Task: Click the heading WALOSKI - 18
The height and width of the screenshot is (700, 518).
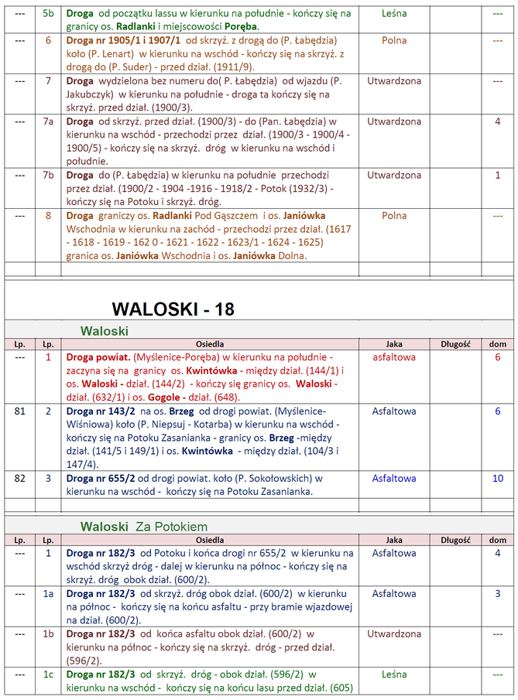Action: tap(173, 309)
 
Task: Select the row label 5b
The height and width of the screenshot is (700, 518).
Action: tap(48, 14)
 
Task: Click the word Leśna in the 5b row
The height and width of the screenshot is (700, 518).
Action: tap(394, 14)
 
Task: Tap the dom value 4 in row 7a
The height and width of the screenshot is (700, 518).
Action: tap(498, 121)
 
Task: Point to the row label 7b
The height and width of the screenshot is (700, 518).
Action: tap(48, 175)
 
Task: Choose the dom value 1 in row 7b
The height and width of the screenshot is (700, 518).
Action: tap(498, 175)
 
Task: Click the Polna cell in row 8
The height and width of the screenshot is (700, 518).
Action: tap(394, 216)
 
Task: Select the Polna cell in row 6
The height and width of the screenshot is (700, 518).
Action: tap(394, 40)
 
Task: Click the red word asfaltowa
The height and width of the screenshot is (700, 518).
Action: tap(394, 357)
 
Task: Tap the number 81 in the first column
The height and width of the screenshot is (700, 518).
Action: tap(20, 411)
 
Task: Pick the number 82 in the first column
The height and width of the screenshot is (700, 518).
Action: tap(20, 478)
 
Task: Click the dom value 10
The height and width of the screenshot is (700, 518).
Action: tap(498, 478)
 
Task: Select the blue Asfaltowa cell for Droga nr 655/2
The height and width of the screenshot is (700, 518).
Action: tap(394, 478)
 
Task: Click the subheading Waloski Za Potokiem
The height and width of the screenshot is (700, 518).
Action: tap(143, 527)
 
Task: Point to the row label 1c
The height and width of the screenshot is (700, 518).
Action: tap(48, 674)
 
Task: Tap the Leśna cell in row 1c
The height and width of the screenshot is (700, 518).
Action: tap(394, 674)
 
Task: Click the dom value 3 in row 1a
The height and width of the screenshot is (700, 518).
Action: tap(498, 593)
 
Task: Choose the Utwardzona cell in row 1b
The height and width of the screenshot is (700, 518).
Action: tap(394, 633)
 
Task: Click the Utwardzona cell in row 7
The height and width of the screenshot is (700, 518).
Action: tap(394, 80)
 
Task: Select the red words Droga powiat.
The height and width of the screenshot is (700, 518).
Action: tap(98, 358)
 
